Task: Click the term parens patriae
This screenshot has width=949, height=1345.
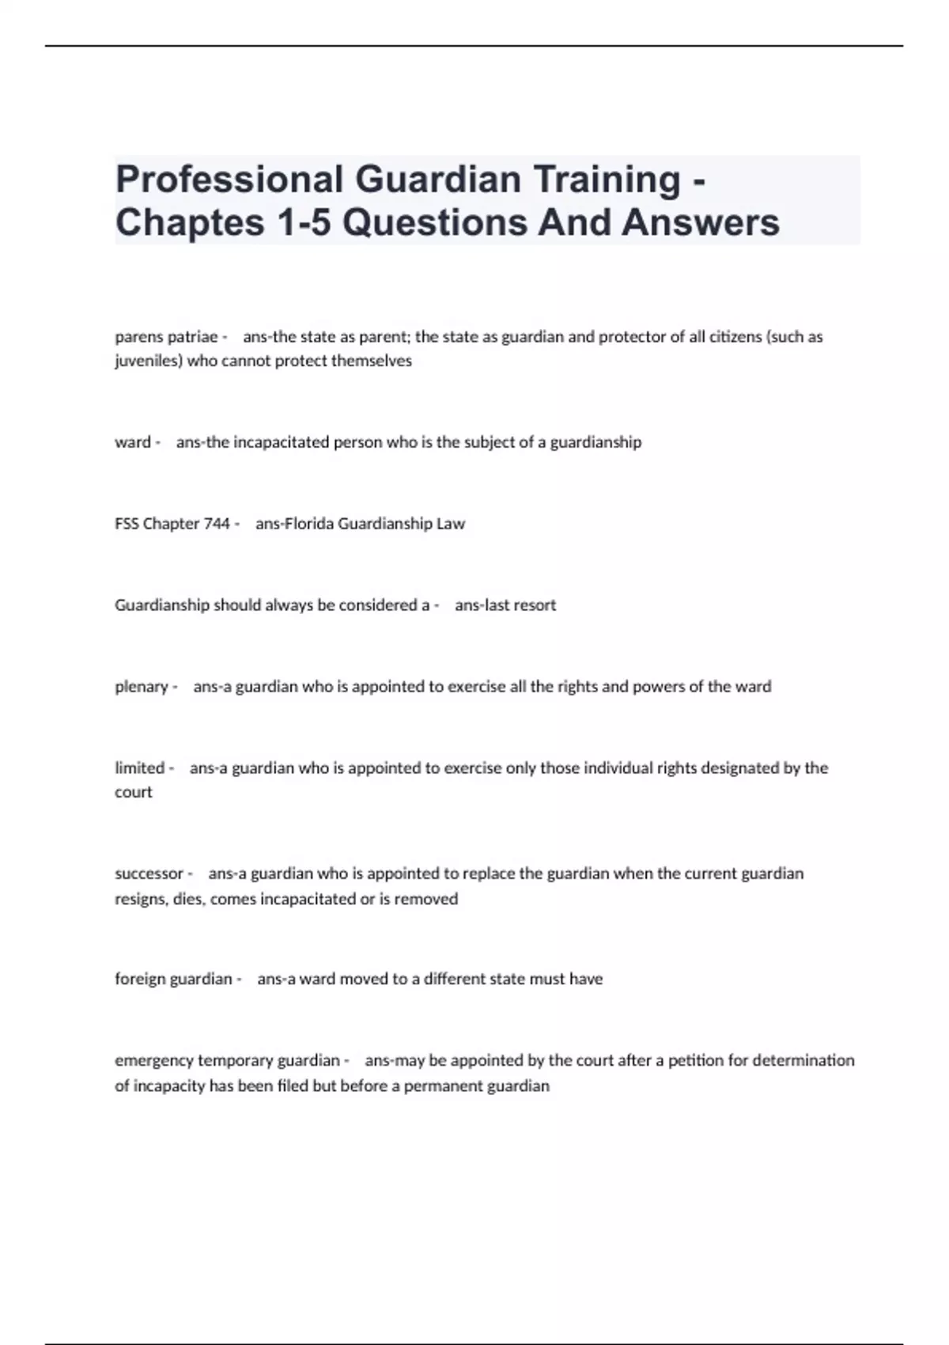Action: pos(166,337)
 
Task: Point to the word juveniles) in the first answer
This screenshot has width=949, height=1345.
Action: pos(148,362)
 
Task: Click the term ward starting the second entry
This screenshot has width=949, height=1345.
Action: pos(132,442)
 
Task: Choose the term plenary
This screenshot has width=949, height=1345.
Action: pos(142,687)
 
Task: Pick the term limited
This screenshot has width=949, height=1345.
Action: pos(139,768)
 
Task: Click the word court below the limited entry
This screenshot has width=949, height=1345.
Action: pos(133,793)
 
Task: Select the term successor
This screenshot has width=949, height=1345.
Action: pos(149,874)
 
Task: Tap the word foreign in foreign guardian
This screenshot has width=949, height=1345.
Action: pos(140,979)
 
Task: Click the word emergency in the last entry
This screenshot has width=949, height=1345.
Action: pos(153,1061)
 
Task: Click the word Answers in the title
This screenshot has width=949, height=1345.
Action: pos(701,222)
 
